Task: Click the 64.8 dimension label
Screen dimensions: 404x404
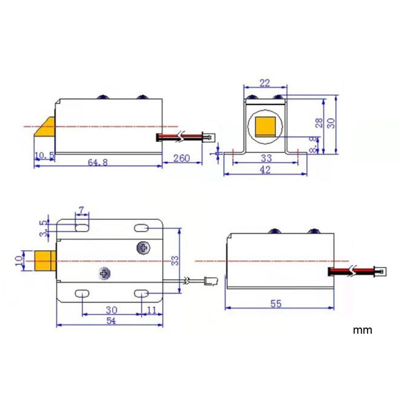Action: pyautogui.click(x=98, y=162)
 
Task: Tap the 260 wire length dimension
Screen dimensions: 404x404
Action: pyautogui.click(x=182, y=158)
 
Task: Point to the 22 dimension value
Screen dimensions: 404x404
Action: pyautogui.click(x=265, y=83)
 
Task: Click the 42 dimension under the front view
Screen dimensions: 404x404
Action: pyautogui.click(x=265, y=170)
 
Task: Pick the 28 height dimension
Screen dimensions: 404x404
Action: pyautogui.click(x=319, y=123)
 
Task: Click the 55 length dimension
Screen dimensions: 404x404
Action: pyautogui.click(x=276, y=304)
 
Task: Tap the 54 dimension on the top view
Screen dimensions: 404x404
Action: pyautogui.click(x=111, y=321)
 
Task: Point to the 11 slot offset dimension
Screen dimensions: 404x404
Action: pyautogui.click(x=152, y=310)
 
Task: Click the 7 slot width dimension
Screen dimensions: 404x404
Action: pyautogui.click(x=82, y=210)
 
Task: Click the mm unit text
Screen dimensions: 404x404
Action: pyautogui.click(x=362, y=330)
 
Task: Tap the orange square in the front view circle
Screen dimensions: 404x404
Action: pyautogui.click(x=265, y=126)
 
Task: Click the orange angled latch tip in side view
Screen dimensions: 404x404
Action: pyautogui.click(x=45, y=127)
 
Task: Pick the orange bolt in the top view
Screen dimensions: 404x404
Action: pyautogui.click(x=45, y=261)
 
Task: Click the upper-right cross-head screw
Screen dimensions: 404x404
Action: pyautogui.click(x=143, y=247)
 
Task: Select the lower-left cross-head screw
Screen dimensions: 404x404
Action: pyautogui.click(x=105, y=274)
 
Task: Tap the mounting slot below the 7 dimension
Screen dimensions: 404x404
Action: pyautogui.click(x=82, y=227)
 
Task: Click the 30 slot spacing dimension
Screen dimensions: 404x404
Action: pyautogui.click(x=111, y=310)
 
